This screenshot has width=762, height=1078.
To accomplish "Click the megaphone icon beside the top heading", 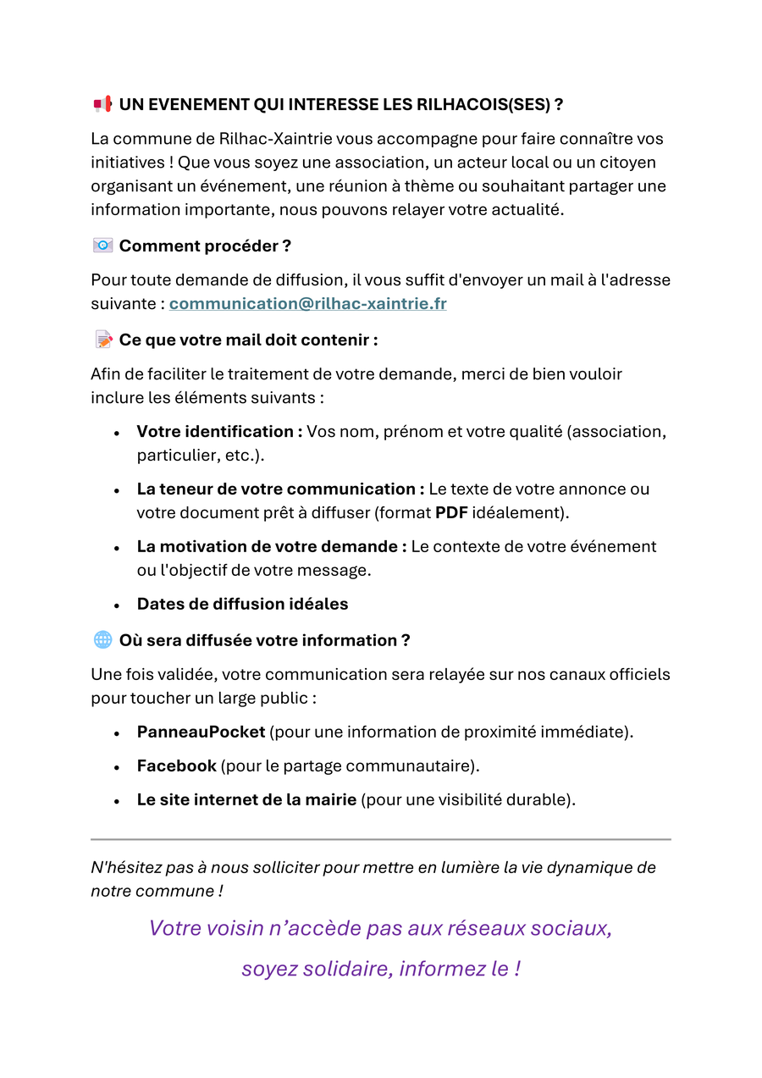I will (x=102, y=104).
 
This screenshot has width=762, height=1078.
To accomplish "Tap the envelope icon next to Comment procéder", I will (x=102, y=246).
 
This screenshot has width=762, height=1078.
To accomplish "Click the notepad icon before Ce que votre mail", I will (x=103, y=340).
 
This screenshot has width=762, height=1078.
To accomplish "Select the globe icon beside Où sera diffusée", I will (x=102, y=640).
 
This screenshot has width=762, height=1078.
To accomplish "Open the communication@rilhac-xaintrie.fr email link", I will (x=307, y=303).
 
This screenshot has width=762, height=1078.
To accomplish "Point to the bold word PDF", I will (x=450, y=512).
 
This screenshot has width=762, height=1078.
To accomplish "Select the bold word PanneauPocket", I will (x=202, y=732).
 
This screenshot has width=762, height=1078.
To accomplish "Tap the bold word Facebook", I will (x=177, y=766).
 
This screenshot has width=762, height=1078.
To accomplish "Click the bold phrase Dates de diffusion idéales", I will (x=242, y=604).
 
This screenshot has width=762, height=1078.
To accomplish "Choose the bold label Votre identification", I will (x=219, y=432).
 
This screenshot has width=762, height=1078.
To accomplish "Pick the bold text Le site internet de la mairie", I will (x=246, y=799).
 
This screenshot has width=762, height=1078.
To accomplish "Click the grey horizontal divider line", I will (x=381, y=839).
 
